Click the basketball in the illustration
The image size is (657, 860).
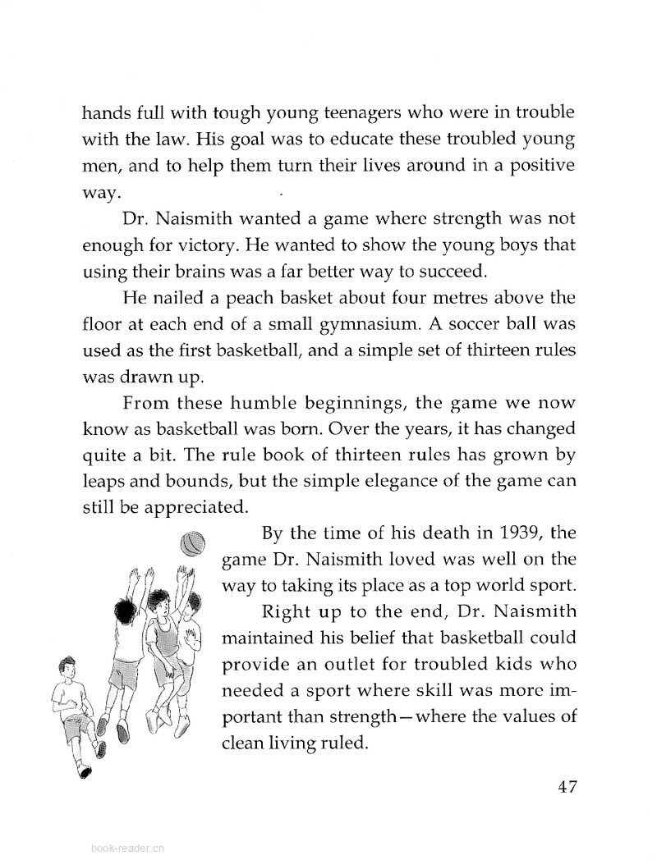pyautogui.click(x=192, y=542)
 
